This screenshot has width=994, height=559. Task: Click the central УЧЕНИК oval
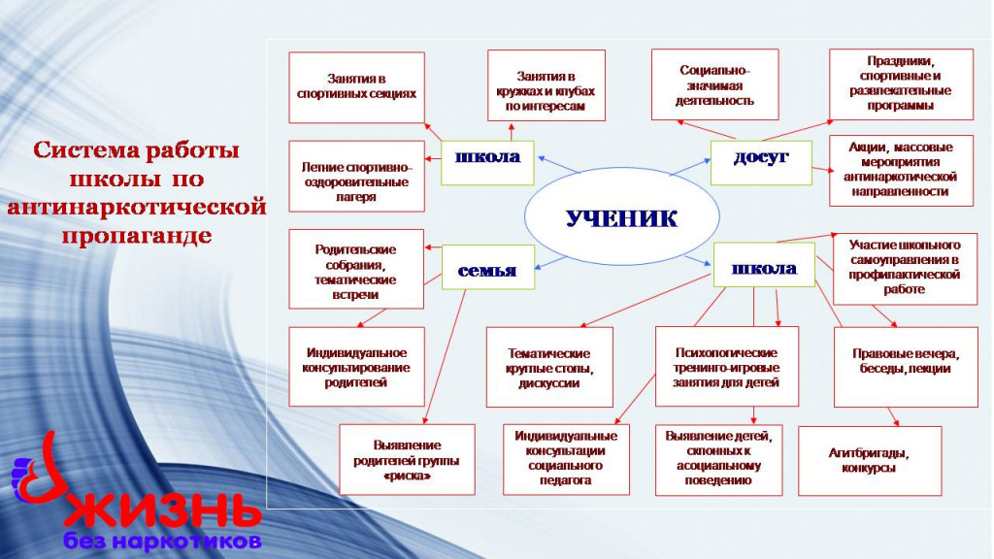point(622,216)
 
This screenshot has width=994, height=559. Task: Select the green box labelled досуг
point(761,163)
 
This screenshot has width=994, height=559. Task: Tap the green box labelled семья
point(487,267)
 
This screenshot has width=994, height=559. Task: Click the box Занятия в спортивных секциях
point(356,87)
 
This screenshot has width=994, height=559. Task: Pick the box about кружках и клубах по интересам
point(546,85)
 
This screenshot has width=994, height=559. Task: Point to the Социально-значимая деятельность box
point(714,84)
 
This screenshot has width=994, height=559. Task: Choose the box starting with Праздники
point(901,84)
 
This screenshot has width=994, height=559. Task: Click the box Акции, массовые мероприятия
point(901,171)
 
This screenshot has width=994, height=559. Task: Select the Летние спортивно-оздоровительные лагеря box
point(356,177)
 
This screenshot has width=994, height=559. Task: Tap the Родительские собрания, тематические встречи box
point(355,270)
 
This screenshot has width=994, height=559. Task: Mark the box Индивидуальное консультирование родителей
point(356,367)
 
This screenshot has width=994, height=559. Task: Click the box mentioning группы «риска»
point(407,459)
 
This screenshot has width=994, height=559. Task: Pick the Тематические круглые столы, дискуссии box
point(549,367)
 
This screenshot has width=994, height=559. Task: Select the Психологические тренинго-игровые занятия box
point(726,366)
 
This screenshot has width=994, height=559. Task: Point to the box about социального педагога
point(566,459)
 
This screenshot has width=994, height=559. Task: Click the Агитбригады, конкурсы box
point(870,461)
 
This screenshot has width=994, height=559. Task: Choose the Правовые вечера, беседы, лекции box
point(906,367)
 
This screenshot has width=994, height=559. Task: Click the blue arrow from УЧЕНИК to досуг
point(690,167)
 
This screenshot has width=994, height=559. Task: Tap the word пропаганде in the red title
point(136,237)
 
